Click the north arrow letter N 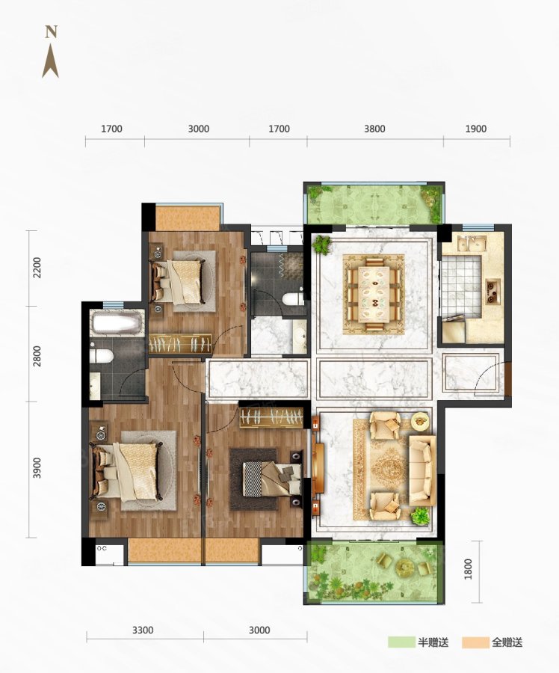pos(51,32)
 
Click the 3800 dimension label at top pos(374,129)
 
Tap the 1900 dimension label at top pos(476,129)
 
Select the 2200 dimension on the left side pos(37,268)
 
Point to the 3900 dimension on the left pos(37,468)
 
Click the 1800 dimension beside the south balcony pos(468,569)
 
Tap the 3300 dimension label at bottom pos(143,630)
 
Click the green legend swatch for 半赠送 pos(401,642)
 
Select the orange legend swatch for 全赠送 pos(475,642)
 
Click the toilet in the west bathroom pos(102,356)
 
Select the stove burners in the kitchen pos(492,292)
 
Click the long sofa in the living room pos(422,470)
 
